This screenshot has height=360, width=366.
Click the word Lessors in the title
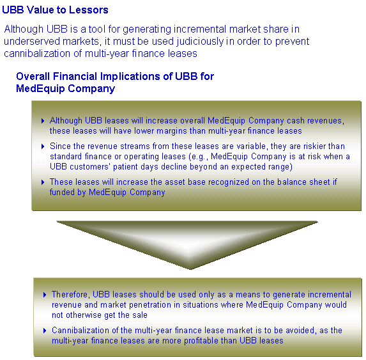tap(88, 10)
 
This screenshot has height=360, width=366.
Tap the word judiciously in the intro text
tap(200, 42)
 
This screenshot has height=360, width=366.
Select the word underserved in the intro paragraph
tap(32, 42)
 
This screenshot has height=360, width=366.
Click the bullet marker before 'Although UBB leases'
tap(43, 121)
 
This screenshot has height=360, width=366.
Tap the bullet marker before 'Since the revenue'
tap(43, 146)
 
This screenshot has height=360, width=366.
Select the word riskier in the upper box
tap(314, 146)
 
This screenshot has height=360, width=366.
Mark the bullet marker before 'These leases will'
tap(43, 182)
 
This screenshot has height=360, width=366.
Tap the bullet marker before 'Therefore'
tap(45, 295)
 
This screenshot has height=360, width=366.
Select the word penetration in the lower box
tap(155, 305)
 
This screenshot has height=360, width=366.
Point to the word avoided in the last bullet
tap(301, 331)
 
